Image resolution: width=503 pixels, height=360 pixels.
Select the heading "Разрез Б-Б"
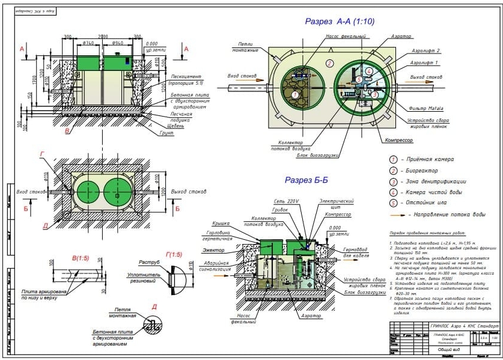click(x=306, y=180)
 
